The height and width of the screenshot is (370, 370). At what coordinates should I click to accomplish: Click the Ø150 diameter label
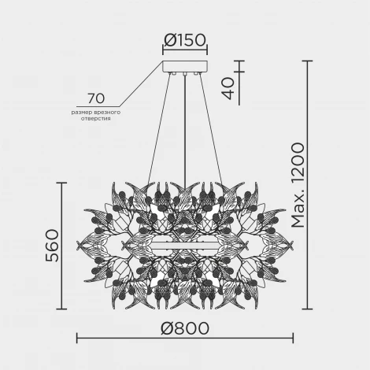pos(185,39)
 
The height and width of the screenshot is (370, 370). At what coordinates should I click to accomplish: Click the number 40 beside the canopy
pos(228,85)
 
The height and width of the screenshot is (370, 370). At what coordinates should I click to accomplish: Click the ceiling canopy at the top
pos(185,67)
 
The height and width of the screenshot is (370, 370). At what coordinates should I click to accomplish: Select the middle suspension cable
pos(185,142)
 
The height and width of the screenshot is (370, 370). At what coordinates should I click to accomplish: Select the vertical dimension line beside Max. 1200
pos(308,189)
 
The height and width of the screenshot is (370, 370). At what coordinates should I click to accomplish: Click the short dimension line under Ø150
pos(185,52)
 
